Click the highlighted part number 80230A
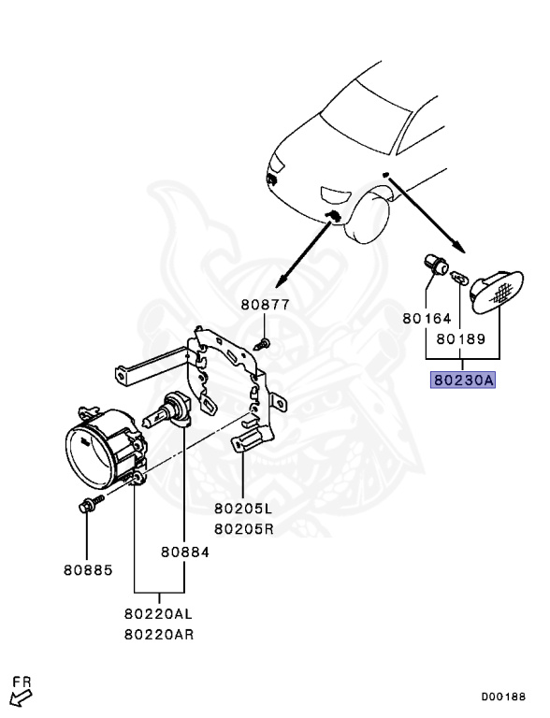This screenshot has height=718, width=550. (x=463, y=381)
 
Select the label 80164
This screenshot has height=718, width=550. (x=427, y=318)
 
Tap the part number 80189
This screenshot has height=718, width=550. (x=460, y=338)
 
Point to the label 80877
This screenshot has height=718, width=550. (x=266, y=305)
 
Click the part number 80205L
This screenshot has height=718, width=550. (x=243, y=508)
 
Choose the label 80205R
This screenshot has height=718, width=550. (x=244, y=529)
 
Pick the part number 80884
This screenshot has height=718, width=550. (x=184, y=552)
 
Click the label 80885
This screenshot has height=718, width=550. (x=88, y=570)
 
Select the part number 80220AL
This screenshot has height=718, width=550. (x=159, y=613)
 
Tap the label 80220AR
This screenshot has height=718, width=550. (x=159, y=634)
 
